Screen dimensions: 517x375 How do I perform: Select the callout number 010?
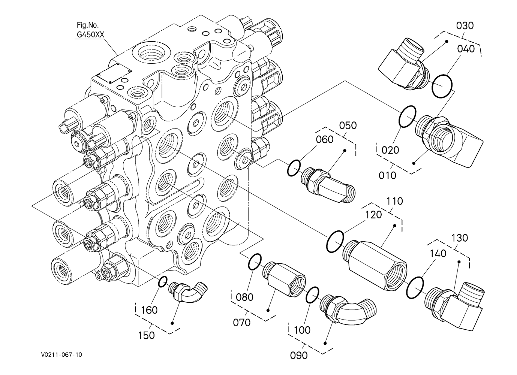pos(388,175)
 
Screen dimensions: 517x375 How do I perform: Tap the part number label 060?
pos(325,139)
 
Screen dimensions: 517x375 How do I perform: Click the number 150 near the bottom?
pos(146,335)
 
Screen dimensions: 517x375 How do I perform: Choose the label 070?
pos(242,322)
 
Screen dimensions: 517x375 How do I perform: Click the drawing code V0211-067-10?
pos(61,354)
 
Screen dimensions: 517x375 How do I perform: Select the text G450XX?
pos(90,34)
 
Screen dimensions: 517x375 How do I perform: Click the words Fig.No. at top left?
pos(87,25)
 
